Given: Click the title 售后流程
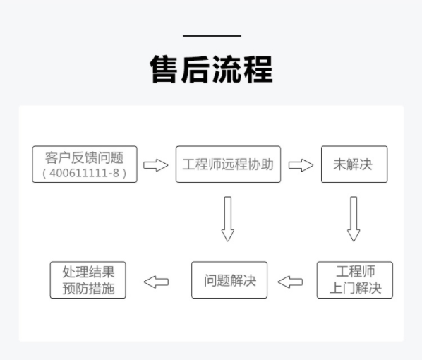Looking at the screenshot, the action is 212,69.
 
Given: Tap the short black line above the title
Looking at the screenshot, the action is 212,35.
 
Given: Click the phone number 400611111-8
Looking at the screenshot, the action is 85,173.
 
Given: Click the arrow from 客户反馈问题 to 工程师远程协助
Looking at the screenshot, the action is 155,165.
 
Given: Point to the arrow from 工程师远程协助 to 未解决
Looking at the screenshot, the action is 301,165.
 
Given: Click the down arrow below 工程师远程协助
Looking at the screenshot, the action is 228,219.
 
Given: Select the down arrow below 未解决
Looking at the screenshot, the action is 354,219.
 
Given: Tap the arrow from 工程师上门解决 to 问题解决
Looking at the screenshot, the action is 290,282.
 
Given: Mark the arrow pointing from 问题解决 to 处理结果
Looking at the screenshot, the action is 156,282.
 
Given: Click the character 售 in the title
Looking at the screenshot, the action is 164,69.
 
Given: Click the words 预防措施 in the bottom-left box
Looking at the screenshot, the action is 88,289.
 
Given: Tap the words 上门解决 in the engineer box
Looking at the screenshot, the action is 356,288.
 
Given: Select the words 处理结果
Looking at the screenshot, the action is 88,272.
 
